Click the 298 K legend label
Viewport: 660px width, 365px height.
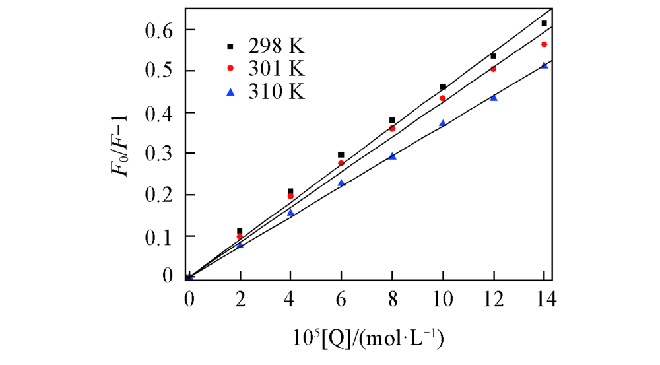(x=277, y=47)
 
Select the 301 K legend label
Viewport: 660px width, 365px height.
(x=277, y=69)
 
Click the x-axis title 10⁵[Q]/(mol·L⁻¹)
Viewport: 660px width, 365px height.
(x=368, y=340)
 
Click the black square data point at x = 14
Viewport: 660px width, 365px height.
(x=544, y=24)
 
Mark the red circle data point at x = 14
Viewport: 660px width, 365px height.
(x=544, y=44)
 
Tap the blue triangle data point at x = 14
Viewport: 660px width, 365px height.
(x=544, y=65)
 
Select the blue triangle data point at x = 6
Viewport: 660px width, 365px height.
(x=341, y=183)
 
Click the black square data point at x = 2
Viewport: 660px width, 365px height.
(x=240, y=231)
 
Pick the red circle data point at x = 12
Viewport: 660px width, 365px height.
(x=493, y=69)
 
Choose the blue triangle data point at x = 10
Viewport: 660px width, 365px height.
(x=442, y=123)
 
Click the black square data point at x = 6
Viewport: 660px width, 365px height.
(x=341, y=154)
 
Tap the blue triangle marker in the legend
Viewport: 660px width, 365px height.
(x=230, y=91)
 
